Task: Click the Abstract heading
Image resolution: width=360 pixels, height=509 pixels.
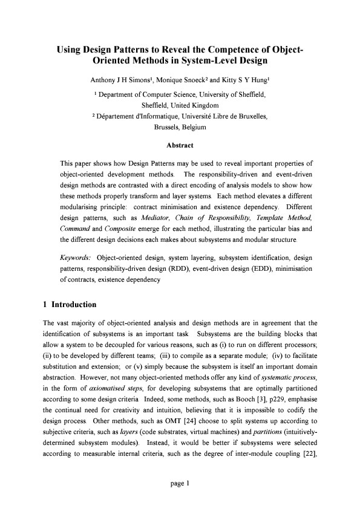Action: click(180, 145)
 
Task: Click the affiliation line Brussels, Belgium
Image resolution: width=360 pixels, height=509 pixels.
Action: click(180, 128)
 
